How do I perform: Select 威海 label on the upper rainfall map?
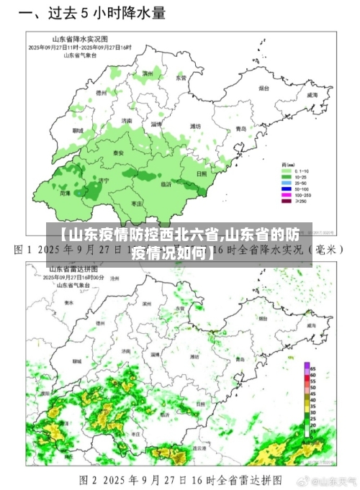point(312,94)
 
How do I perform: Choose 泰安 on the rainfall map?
point(119,153)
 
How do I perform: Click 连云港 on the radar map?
point(197,447)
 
